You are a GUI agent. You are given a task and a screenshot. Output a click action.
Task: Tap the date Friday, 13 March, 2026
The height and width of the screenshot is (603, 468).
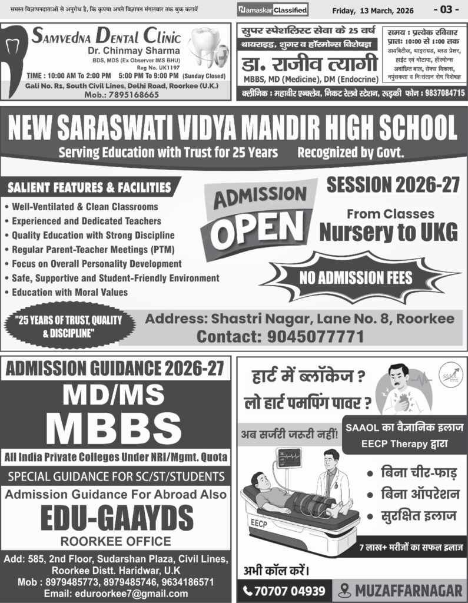[373, 11]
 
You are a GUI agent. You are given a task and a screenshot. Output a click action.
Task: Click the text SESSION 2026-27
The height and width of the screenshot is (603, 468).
[392, 185]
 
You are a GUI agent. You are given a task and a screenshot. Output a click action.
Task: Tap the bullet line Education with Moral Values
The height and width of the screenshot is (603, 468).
[69, 291]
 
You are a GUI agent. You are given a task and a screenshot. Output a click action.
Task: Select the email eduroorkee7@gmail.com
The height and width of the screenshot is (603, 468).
[116, 593]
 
